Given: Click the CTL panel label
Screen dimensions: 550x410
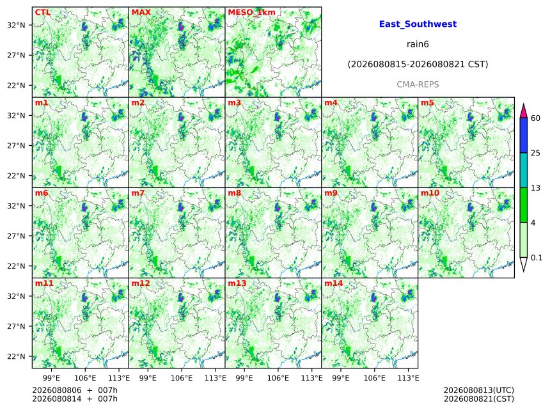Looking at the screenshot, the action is pyautogui.click(x=43, y=13).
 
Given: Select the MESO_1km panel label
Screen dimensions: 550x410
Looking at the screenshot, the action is pyautogui.click(x=251, y=13).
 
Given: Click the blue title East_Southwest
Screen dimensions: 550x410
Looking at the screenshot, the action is pyautogui.click(x=418, y=24).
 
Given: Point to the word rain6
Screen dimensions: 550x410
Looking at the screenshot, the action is pyautogui.click(x=418, y=44).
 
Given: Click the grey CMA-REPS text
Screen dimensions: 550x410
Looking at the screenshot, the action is pyautogui.click(x=418, y=84).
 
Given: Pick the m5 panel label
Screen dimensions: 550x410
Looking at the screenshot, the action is pyautogui.click(x=427, y=103).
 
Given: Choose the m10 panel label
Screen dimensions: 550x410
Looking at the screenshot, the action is pyautogui.click(x=430, y=193).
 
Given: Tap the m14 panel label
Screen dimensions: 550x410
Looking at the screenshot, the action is pyautogui.click(x=334, y=283).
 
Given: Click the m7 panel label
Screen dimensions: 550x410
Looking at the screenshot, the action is pyautogui.click(x=138, y=193).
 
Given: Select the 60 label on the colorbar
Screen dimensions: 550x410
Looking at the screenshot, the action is pyautogui.click(x=535, y=118).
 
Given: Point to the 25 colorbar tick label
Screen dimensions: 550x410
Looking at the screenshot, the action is pyautogui.click(x=535, y=153).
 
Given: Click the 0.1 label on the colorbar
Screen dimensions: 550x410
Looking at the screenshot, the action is pyautogui.click(x=537, y=258).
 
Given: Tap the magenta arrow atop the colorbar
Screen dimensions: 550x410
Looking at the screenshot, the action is pyautogui.click(x=523, y=111).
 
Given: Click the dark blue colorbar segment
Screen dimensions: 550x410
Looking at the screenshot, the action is pyautogui.click(x=523, y=136).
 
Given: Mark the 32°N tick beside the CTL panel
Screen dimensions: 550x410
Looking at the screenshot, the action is pyautogui.click(x=16, y=25).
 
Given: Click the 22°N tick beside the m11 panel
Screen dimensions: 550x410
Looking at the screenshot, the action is pyautogui.click(x=16, y=356).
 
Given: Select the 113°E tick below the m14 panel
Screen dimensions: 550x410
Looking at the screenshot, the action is pyautogui.click(x=409, y=378).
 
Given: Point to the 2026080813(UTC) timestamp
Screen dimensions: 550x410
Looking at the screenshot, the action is pyautogui.click(x=479, y=390).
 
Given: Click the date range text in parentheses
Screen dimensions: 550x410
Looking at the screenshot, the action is pyautogui.click(x=418, y=65).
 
